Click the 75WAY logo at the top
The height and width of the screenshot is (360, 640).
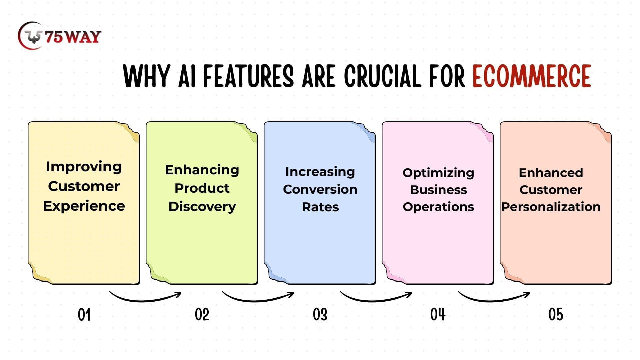coord(59,35)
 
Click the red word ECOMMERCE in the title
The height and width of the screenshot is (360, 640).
coord(532,76)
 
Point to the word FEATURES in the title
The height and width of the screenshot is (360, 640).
coord(248,76)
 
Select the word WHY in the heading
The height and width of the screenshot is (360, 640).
coord(146,76)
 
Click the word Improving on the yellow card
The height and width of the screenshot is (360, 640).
coord(84,167)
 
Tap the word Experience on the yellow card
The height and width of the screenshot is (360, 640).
coord(84,206)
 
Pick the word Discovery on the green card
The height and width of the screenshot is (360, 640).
coord(202,207)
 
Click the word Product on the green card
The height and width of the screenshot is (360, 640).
coord(202,188)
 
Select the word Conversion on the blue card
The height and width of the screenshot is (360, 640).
coord(320,189)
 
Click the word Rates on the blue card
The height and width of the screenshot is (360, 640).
coord(320,207)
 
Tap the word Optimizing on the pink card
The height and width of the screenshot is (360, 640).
coord(438,173)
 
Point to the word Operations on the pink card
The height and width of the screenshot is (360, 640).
coord(438,207)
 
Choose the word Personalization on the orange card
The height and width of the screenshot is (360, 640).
coord(551,207)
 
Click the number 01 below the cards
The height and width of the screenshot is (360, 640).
coord(84,315)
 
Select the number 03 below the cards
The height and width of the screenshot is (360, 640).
coord(320,315)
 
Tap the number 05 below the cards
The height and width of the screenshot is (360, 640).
coord(556,315)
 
